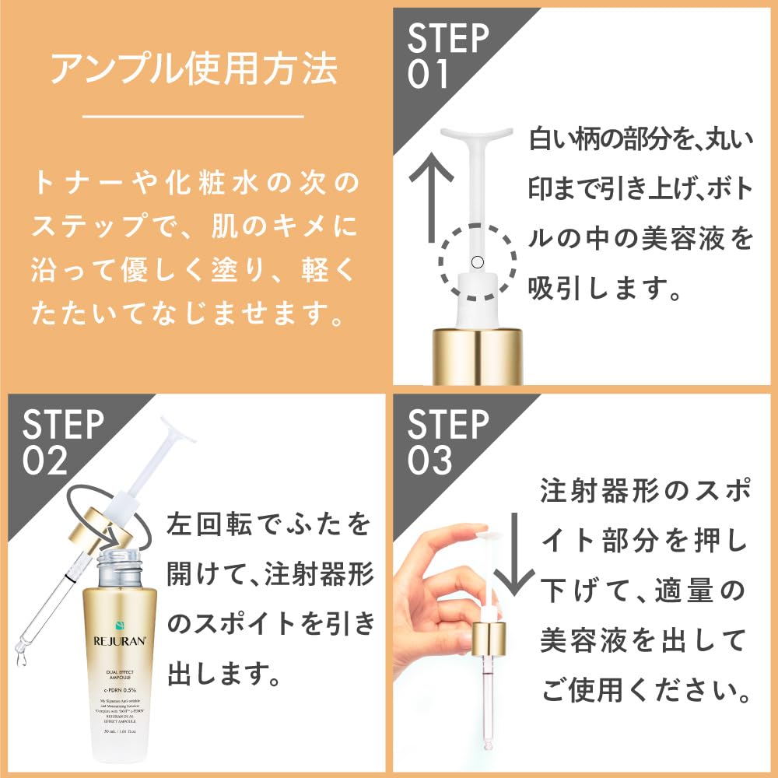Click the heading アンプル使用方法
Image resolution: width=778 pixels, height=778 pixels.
(x=194, y=69)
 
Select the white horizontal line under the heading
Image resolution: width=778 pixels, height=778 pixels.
(x=192, y=117)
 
